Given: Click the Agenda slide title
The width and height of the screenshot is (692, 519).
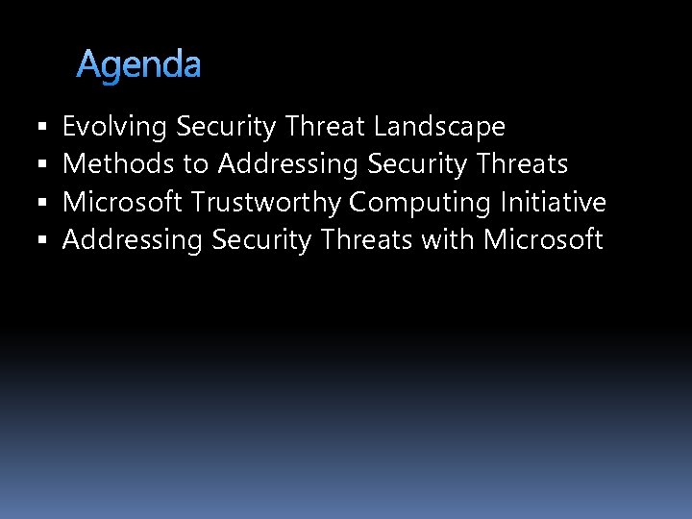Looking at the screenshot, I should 138,65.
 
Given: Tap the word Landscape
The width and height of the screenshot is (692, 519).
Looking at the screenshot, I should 439,127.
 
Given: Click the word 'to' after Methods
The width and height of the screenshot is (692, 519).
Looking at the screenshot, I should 195,165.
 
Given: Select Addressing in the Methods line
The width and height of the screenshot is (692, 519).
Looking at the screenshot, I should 287,165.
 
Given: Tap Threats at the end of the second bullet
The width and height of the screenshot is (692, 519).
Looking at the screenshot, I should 523,164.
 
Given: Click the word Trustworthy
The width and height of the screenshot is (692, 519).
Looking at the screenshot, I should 266,203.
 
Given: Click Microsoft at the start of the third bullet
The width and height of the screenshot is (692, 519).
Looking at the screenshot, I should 122,202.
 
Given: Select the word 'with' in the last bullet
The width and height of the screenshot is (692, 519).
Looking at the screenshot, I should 448,239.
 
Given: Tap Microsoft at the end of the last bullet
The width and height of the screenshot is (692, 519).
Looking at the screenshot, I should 543,239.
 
